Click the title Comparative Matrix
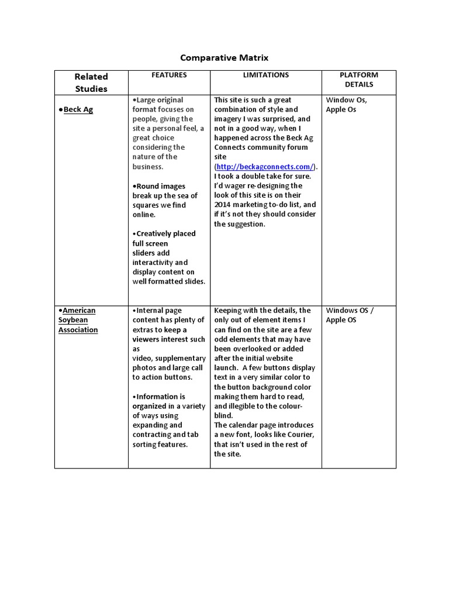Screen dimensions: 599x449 224,57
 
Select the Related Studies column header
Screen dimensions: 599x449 91,82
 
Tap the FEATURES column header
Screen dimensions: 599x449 169,75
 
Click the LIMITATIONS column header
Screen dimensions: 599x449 265,75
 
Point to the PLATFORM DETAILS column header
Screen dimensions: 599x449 358,80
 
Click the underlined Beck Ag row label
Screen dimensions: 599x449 78,109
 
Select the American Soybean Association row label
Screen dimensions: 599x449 78,320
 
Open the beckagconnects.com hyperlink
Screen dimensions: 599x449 265,167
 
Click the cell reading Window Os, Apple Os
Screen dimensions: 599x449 346,105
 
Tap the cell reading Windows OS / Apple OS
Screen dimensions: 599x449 349,315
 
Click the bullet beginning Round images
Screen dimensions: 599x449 165,200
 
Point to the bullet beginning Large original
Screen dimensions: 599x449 168,133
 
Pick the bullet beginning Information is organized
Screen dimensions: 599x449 168,420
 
